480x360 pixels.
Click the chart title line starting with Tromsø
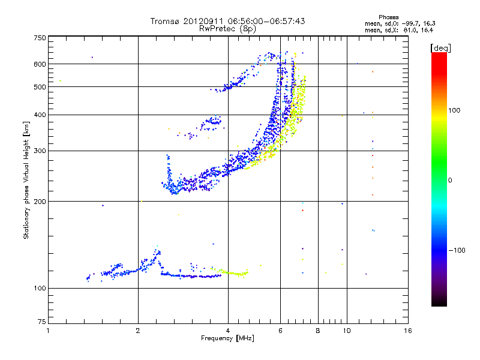pos(227,21)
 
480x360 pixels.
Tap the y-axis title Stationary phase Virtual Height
pos(26,180)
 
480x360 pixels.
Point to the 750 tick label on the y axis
pos(40,38)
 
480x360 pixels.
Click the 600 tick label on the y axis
pos(40,64)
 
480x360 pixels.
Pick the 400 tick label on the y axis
pos(40,115)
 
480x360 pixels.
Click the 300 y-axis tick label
pos(40,151)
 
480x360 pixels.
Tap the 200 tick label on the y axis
pos(40,202)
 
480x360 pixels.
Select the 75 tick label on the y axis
pos(41,324)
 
